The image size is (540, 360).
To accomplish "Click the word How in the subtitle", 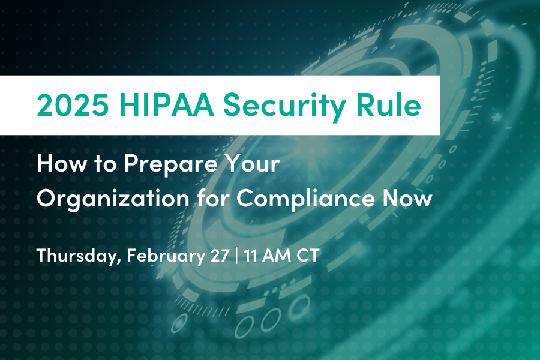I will pyautogui.click(x=58, y=164).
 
